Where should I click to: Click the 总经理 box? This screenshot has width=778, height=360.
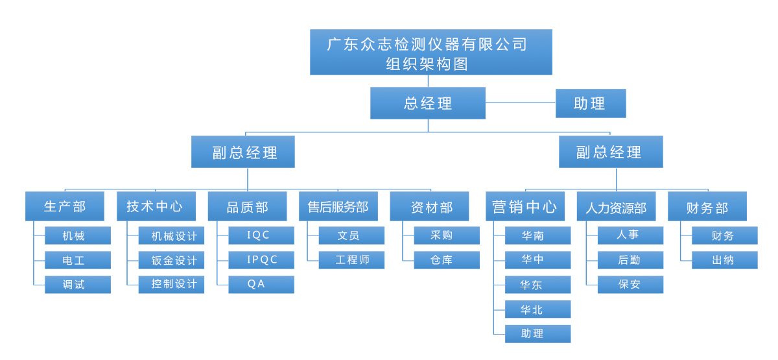(428, 103)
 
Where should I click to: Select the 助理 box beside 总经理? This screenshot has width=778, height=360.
(590, 103)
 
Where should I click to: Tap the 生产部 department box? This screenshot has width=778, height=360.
(64, 206)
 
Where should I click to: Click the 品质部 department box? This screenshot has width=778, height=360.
(247, 206)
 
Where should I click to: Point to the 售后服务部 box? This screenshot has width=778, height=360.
(338, 206)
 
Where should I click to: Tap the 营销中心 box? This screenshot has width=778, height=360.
(525, 206)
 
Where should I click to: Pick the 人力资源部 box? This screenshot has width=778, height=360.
(616, 206)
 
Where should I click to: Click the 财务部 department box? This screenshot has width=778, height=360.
(707, 206)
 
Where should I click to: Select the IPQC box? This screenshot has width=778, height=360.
(261, 260)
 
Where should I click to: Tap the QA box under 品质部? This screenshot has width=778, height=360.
(261, 285)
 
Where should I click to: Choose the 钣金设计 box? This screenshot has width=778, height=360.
(172, 260)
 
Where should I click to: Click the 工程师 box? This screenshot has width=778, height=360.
(352, 260)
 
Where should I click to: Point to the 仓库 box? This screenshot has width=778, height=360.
(447, 260)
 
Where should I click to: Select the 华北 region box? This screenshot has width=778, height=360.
(538, 309)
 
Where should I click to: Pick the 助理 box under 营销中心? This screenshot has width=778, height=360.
(538, 334)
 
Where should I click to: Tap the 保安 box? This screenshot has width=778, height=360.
(631, 285)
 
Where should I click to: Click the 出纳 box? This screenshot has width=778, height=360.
(725, 260)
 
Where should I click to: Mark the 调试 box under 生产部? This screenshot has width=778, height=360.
(78, 285)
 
